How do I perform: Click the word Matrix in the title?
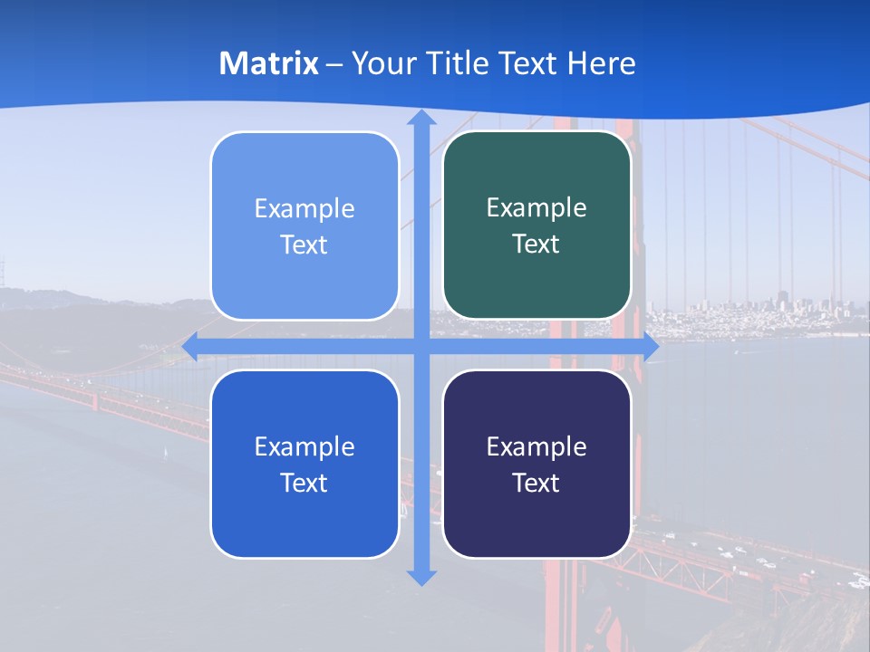(x=269, y=63)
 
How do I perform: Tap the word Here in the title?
(x=602, y=63)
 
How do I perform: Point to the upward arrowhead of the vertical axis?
(x=421, y=118)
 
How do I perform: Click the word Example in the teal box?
(x=536, y=208)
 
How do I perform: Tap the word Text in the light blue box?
(x=304, y=245)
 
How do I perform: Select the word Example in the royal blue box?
(x=304, y=446)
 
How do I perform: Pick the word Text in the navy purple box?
(x=536, y=483)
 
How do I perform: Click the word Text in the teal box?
(x=536, y=244)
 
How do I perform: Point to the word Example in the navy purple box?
(x=536, y=446)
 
